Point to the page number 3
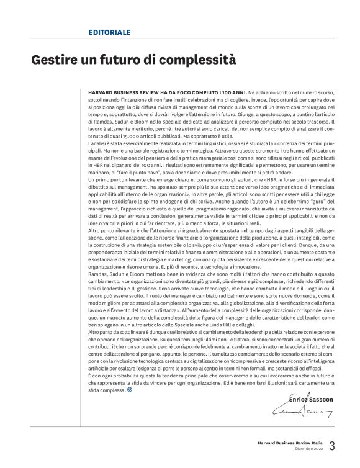click(332, 446)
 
